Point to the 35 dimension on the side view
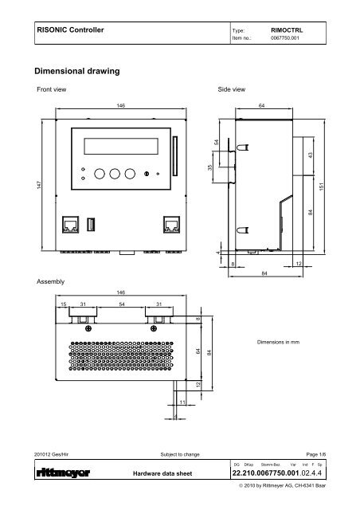tap(210, 169)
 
